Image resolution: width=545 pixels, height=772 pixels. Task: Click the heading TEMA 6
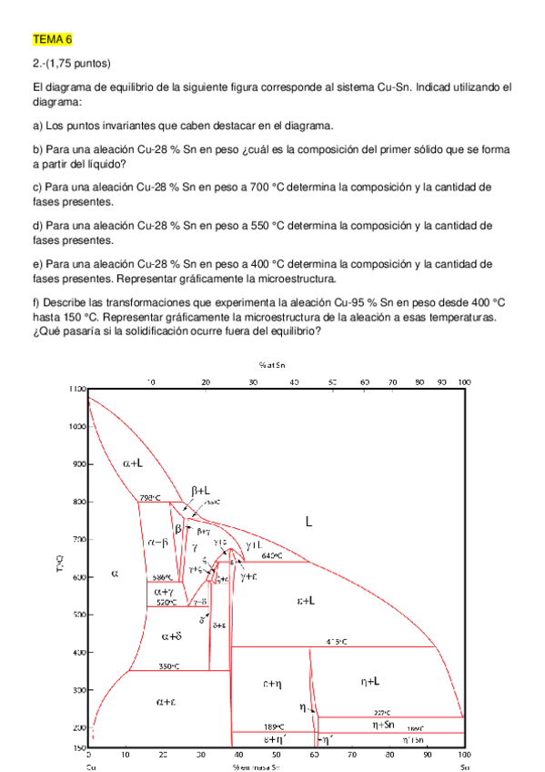click(51, 40)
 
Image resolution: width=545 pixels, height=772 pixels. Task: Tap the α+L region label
click(133, 462)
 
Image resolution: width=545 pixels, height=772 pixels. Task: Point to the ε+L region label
click(307, 600)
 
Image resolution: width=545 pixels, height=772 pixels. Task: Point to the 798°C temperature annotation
click(150, 497)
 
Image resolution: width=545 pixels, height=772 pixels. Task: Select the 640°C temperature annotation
click(272, 554)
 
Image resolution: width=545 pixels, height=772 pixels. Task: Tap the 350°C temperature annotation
click(168, 666)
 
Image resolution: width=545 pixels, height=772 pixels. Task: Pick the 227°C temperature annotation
click(382, 713)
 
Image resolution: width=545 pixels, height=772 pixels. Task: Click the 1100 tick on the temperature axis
click(75, 389)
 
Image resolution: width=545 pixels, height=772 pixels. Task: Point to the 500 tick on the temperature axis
click(77, 615)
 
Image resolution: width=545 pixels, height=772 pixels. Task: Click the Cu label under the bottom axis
click(89, 767)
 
